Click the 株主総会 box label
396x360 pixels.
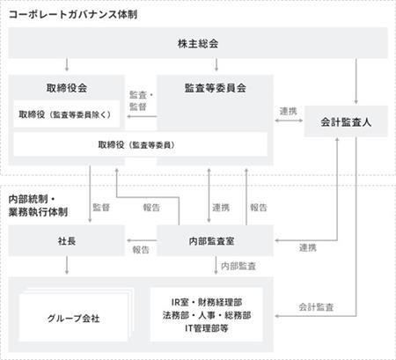pyautogui.click(x=198, y=44)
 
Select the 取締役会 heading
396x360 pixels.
pyautogui.click(x=67, y=88)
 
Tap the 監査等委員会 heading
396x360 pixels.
pyautogui.click(x=215, y=88)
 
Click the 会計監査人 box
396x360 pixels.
pyautogui.click(x=346, y=121)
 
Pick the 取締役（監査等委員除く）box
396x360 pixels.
pyautogui.click(x=67, y=114)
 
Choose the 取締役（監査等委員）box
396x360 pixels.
pyautogui.click(x=140, y=144)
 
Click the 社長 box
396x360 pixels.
pyautogui.click(x=67, y=240)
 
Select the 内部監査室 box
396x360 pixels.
pyautogui.click(x=215, y=240)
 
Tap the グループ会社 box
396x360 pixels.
pyautogui.click(x=73, y=318)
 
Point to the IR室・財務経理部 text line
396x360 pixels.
pyautogui.click(x=207, y=302)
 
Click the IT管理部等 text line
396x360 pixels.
pyautogui.click(x=207, y=328)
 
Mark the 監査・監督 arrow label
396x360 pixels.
pyautogui.click(x=141, y=100)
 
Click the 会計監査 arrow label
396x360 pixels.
pyautogui.click(x=316, y=307)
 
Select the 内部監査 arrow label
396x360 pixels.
pyautogui.click(x=238, y=266)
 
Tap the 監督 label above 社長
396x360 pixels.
pyautogui.click(x=101, y=208)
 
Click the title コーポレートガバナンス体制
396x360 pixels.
pyautogui.click(x=73, y=14)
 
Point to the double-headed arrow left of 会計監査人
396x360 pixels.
pyautogui.click(x=289, y=121)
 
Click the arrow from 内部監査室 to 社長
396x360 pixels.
pyautogui.click(x=142, y=240)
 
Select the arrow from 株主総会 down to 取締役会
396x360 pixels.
pyautogui.click(x=67, y=65)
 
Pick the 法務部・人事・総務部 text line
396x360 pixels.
pyautogui.click(x=207, y=315)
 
